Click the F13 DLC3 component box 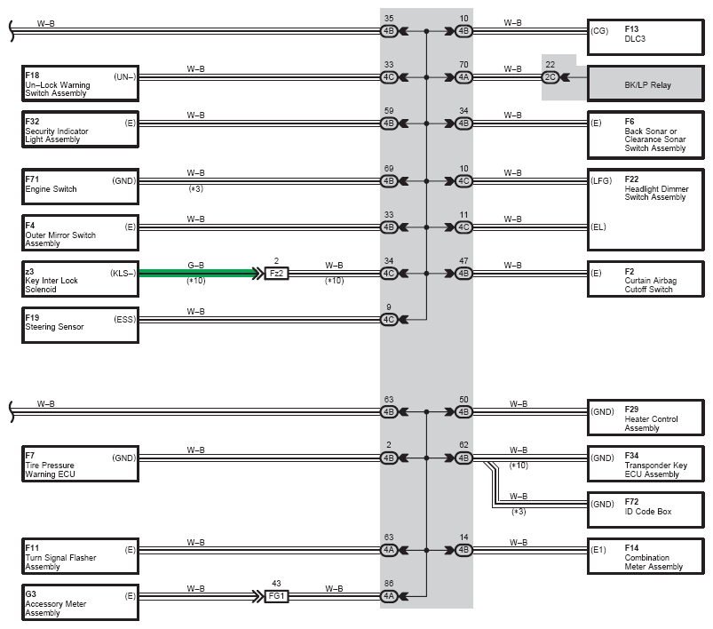pos(646,37)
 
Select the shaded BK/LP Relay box pos(646,84)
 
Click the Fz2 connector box pos(276,274)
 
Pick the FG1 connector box pos(276,596)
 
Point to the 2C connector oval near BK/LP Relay pos(550,77)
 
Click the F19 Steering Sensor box pos(80,325)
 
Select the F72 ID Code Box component pos(646,510)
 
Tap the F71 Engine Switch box pos(80,187)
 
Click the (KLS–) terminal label pos(123,273)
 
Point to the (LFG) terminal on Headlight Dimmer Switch pos(601,180)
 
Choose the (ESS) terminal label pos(124,320)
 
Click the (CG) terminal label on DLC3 pos(599,31)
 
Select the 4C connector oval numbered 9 pos(389,320)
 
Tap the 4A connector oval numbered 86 pos(389,596)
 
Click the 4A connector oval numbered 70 pos(463,77)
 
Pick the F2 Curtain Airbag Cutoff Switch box pos(646,279)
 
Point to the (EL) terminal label pos(598,227)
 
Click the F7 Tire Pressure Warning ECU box pos(80,464)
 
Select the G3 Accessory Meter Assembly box pos(80,602)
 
